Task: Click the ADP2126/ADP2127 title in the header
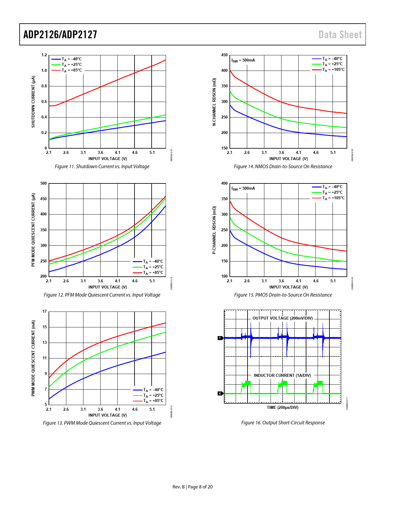click(x=60, y=35)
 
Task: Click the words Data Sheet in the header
click(x=340, y=35)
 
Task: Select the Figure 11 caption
click(x=102, y=167)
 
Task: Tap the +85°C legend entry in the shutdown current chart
click(x=71, y=70)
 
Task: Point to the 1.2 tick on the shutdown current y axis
click(x=44, y=55)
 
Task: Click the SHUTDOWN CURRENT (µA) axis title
click(x=33, y=102)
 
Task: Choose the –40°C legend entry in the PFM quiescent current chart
click(x=153, y=261)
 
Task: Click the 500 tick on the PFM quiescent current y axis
click(x=44, y=183)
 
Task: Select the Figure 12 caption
click(x=102, y=295)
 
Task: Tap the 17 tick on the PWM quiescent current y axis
click(x=45, y=312)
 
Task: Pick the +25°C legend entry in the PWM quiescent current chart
click(x=153, y=395)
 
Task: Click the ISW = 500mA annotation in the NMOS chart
click(x=243, y=60)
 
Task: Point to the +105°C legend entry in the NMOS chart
click(x=333, y=70)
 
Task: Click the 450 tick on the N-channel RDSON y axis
click(x=224, y=55)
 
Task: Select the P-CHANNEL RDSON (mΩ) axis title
click(x=214, y=230)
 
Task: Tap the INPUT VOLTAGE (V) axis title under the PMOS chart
click(x=289, y=287)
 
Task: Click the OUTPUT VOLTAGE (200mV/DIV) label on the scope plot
click(x=282, y=318)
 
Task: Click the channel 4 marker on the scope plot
click(x=220, y=394)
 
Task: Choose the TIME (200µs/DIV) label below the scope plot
click(x=282, y=408)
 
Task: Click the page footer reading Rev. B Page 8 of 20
click(x=192, y=487)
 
